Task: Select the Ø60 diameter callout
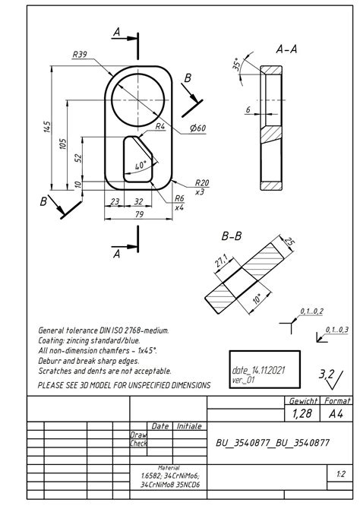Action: [x=197, y=128]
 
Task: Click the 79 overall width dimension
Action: [x=139, y=215]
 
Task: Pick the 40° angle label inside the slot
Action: [x=140, y=165]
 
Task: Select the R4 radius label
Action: [x=160, y=127]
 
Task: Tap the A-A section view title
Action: [x=286, y=49]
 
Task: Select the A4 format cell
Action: [x=336, y=413]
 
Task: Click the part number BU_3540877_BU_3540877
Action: [x=272, y=442]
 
